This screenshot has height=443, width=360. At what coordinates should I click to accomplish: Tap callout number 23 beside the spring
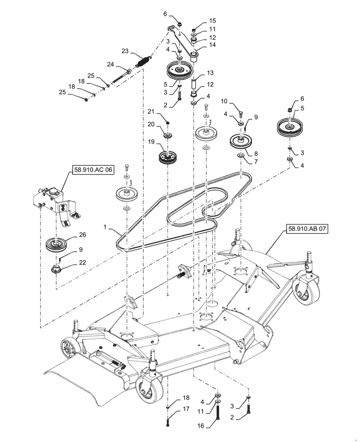coord(125,51)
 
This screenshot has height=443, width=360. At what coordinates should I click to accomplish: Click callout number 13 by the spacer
coord(210,72)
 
